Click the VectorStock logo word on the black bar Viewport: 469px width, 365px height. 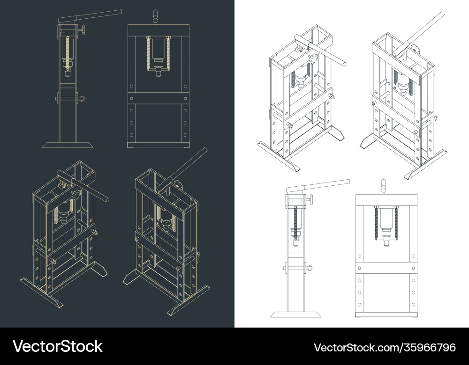click(x=58, y=347)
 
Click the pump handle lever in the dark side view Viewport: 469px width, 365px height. click(x=94, y=15)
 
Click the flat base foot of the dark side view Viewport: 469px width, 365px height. click(x=67, y=145)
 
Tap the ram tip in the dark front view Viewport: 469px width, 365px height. click(x=158, y=71)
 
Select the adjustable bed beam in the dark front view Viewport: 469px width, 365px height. click(x=158, y=99)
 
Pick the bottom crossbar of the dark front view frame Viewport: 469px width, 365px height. click(x=158, y=145)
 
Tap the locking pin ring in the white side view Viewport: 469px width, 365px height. click(x=311, y=268)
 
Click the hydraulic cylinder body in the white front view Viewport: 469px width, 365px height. click(x=386, y=219)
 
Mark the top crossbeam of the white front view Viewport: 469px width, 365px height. click(x=386, y=198)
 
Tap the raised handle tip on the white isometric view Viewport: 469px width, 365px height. click(x=441, y=15)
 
